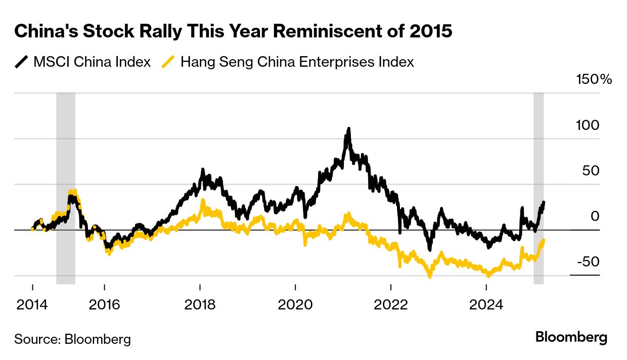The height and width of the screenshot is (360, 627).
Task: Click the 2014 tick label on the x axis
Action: click(x=32, y=305)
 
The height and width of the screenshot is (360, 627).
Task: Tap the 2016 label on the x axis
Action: click(x=104, y=305)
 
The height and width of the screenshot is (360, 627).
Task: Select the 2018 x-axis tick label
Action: click(x=200, y=305)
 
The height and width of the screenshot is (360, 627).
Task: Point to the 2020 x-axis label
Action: click(x=295, y=305)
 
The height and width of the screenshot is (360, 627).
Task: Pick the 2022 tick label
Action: click(x=391, y=305)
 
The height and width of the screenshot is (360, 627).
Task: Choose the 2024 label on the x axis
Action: click(x=486, y=305)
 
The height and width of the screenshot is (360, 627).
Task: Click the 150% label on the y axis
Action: click(x=594, y=79)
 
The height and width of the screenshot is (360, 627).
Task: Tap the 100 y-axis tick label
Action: click(x=587, y=125)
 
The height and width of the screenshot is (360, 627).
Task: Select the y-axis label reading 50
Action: click(x=591, y=170)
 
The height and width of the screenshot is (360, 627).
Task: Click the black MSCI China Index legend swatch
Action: click(x=22, y=62)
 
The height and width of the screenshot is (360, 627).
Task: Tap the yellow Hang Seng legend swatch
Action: click(x=168, y=62)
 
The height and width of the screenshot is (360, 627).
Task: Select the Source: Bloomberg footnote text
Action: click(x=72, y=339)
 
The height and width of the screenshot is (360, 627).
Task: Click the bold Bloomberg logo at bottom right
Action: click(x=571, y=338)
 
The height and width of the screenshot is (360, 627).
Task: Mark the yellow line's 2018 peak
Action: click(x=203, y=201)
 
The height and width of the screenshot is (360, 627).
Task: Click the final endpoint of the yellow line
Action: click(x=543, y=240)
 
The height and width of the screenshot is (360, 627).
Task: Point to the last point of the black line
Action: click(x=544, y=202)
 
